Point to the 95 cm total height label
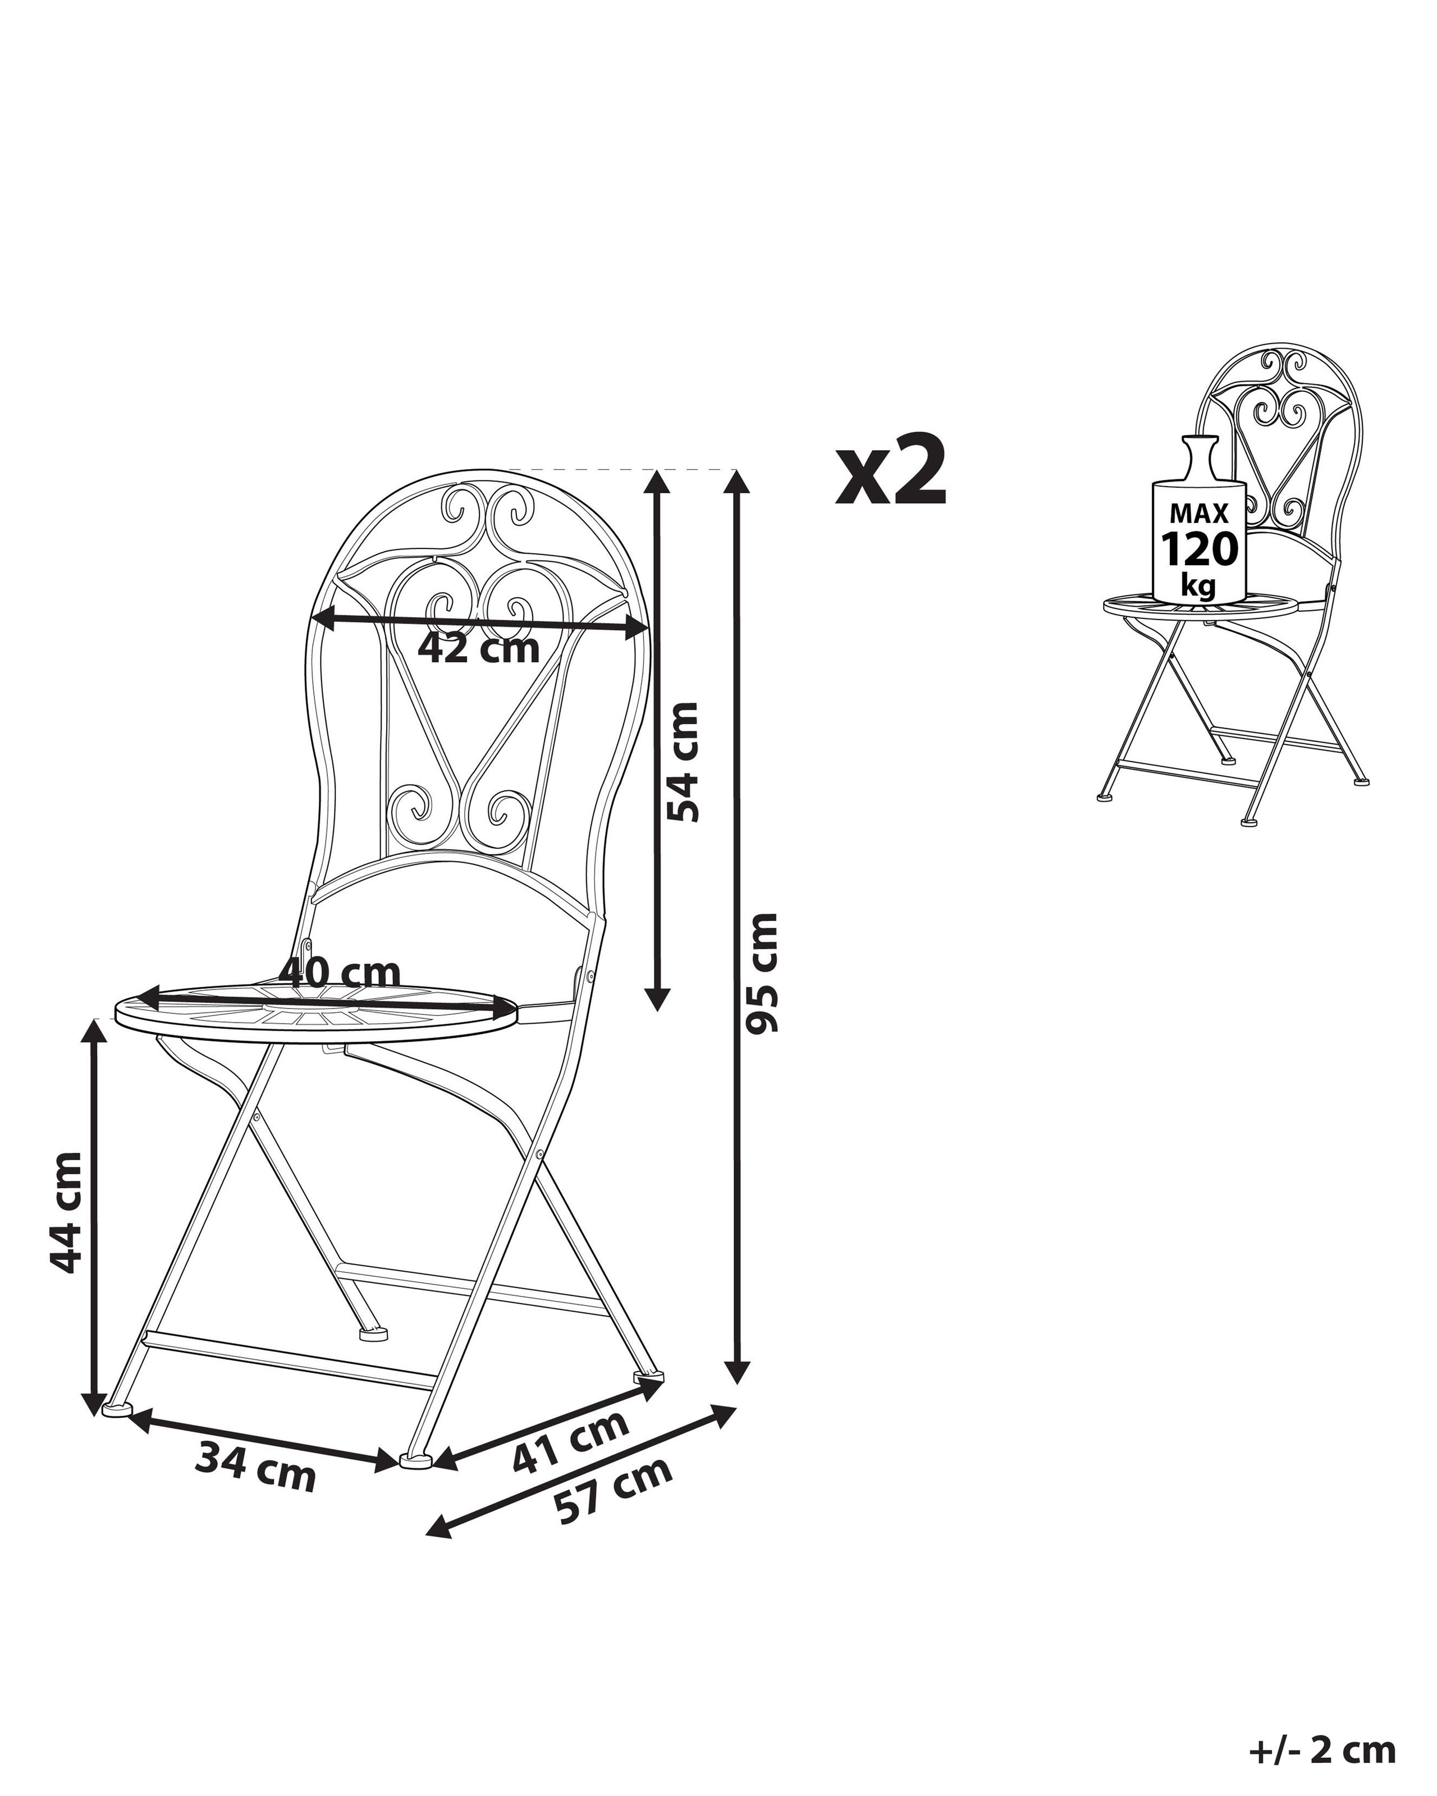point(761,972)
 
